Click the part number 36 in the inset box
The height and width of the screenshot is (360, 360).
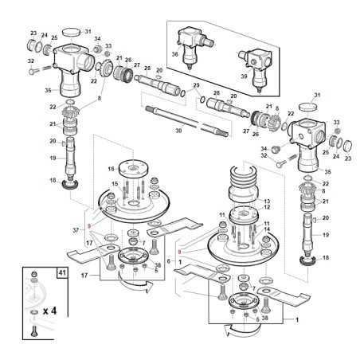coord(175,55)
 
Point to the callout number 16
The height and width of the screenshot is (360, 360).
coord(112,169)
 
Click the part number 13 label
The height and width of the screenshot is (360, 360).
coord(268,202)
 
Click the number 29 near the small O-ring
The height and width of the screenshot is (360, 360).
coord(196,85)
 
